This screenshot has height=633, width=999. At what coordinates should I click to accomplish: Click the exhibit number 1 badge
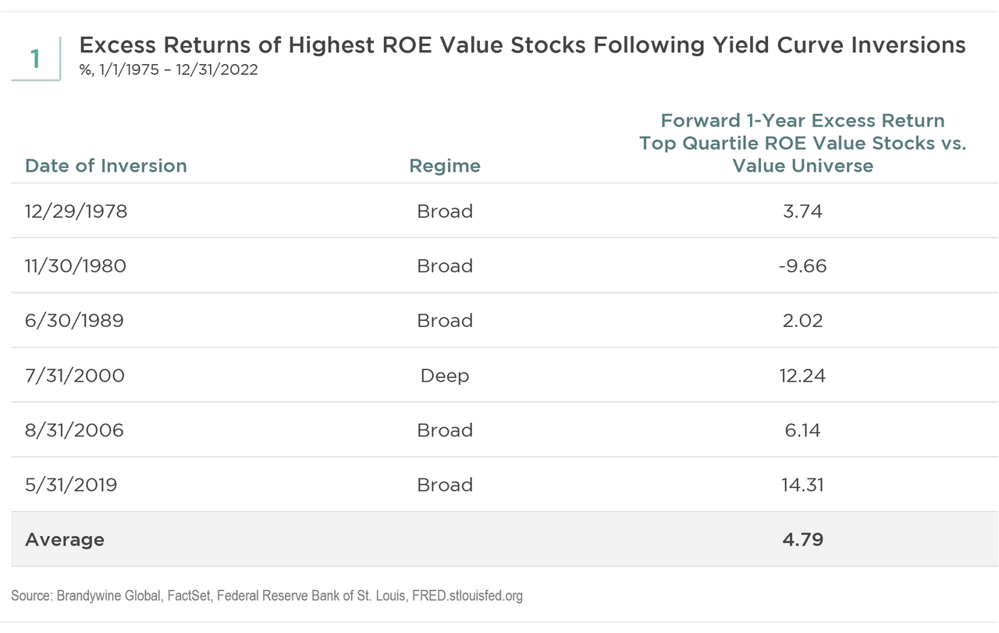(x=35, y=59)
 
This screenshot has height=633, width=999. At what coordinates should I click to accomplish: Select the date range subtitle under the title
(x=169, y=70)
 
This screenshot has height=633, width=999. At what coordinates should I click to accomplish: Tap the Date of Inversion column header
(x=106, y=165)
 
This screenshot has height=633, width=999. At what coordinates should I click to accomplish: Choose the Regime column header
(x=445, y=165)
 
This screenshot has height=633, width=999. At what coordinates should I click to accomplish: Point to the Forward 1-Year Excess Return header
(x=802, y=121)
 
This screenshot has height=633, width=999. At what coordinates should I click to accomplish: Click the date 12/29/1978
(x=76, y=212)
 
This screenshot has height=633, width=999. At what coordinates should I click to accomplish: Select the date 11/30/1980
(x=76, y=266)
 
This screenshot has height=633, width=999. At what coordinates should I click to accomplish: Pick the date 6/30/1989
(x=74, y=321)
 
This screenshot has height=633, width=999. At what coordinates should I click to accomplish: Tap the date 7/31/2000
(x=75, y=375)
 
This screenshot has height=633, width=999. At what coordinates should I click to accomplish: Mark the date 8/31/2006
(x=74, y=430)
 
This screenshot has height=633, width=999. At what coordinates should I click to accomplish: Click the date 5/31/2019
(x=71, y=485)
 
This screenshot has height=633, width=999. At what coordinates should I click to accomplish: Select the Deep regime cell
(x=445, y=375)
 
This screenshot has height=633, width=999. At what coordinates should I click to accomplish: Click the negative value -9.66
(x=802, y=266)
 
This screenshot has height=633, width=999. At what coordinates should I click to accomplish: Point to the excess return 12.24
(x=802, y=375)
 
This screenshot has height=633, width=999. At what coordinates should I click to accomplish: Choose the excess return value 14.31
(x=802, y=485)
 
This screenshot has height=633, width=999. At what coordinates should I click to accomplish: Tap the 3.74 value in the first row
(x=802, y=212)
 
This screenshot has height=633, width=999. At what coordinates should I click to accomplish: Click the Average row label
(x=65, y=539)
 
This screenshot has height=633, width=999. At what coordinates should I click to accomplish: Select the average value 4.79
(x=802, y=539)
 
